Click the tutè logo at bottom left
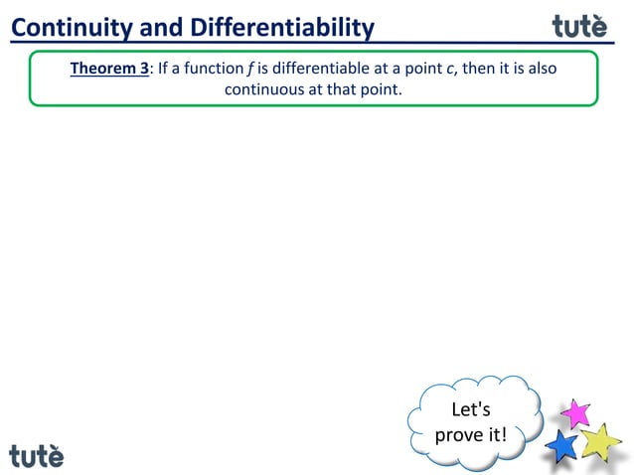37,455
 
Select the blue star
562,445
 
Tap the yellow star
600,440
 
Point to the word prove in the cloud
459,434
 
